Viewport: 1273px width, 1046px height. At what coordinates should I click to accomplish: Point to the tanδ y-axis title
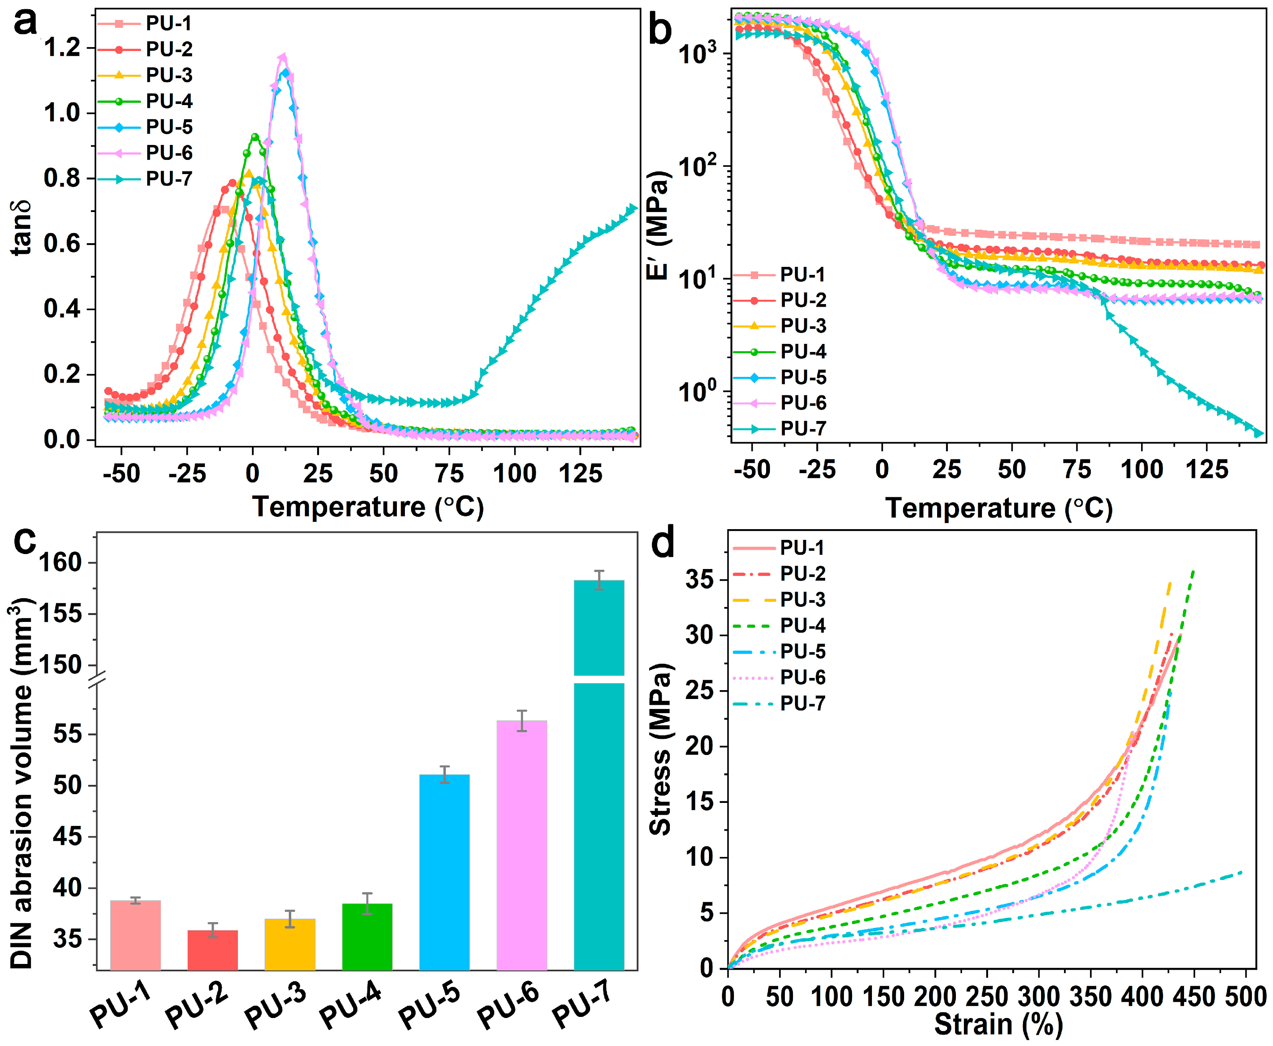(22, 228)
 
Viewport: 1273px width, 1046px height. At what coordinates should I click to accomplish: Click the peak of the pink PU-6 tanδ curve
(282, 57)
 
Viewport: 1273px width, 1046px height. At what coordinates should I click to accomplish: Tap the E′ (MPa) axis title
(658, 225)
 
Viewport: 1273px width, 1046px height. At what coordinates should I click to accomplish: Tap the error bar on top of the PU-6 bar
(522, 720)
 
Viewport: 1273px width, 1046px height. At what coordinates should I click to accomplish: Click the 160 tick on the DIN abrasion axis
(60, 563)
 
